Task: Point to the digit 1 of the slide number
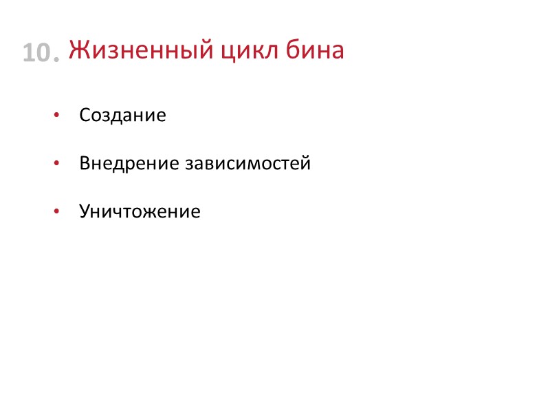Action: click(28, 54)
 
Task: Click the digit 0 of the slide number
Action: click(43, 54)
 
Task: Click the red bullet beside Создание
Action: click(57, 115)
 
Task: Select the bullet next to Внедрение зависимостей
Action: click(57, 164)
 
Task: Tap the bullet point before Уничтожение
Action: click(57, 211)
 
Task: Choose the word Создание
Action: click(122, 115)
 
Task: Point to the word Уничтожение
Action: click(140, 211)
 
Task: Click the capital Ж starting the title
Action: click(77, 50)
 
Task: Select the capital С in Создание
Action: click(85, 115)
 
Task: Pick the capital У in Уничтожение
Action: click(85, 211)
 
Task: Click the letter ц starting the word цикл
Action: click(225, 52)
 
